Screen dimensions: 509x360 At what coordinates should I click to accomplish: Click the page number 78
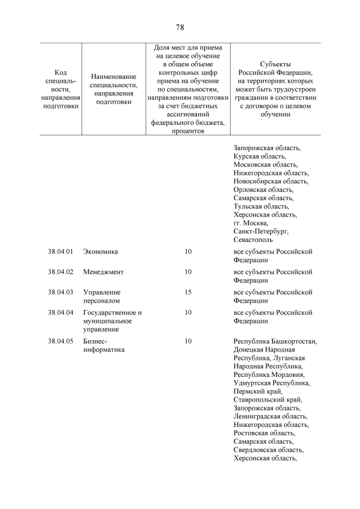180,28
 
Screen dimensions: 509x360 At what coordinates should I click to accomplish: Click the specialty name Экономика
100,251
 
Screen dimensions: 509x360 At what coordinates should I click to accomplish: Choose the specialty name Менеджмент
103,272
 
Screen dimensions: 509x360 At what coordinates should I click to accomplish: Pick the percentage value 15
188,292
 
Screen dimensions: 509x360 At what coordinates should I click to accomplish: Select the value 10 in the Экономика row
188,251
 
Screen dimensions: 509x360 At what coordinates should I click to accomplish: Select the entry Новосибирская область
271,181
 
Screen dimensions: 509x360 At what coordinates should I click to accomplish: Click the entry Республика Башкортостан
275,341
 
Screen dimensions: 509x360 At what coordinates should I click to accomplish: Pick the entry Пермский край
258,391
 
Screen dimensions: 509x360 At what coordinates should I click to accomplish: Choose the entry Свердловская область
268,450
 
